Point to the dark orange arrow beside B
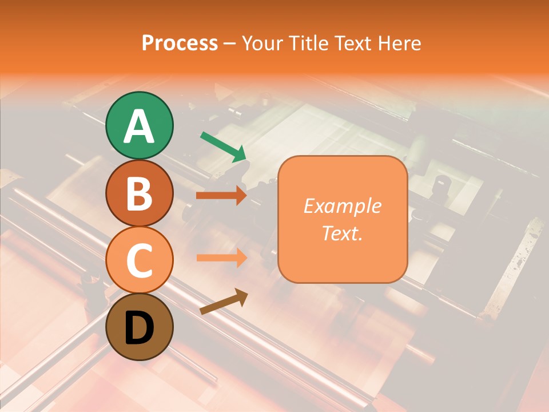[221, 196]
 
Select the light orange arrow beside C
[221, 257]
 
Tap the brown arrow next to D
[224, 302]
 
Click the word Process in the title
[180, 43]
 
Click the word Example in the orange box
[342, 206]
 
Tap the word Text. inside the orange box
[342, 233]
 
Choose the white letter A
[139, 127]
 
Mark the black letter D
[139, 328]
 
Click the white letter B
[139, 194]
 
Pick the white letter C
[139, 261]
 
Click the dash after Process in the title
[230, 44]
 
